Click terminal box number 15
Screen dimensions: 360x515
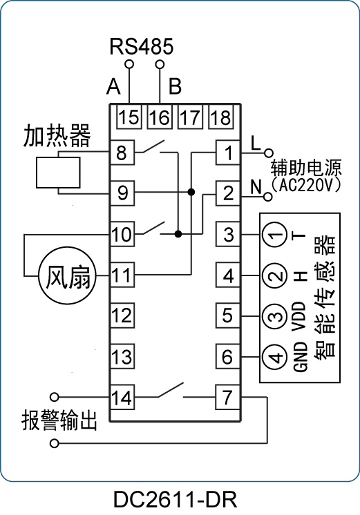[x=129, y=117]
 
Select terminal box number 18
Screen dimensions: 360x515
[x=221, y=117]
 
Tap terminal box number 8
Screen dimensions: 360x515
[x=122, y=153]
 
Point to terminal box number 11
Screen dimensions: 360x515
[x=122, y=275]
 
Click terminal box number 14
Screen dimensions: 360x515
[x=122, y=398]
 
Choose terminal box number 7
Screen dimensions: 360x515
[x=228, y=398]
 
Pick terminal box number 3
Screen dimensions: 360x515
[x=228, y=234]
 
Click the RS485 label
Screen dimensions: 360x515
[x=142, y=46]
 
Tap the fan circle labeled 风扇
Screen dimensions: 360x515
[x=68, y=276]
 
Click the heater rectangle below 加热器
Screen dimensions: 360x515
[x=58, y=173]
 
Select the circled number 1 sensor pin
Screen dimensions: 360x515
[x=275, y=235]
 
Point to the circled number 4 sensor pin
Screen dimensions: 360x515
[x=275, y=357]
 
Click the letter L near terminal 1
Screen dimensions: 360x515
[x=256, y=143]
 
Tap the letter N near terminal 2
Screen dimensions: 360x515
[x=256, y=187]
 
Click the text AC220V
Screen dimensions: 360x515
[x=305, y=186]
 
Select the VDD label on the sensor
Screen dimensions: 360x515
[x=299, y=316]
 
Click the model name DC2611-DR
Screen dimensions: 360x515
[x=176, y=500]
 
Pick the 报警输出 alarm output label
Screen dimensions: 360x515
[x=59, y=420]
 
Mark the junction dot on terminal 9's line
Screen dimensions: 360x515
[x=191, y=192]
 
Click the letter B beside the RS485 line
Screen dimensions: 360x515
[x=175, y=86]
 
